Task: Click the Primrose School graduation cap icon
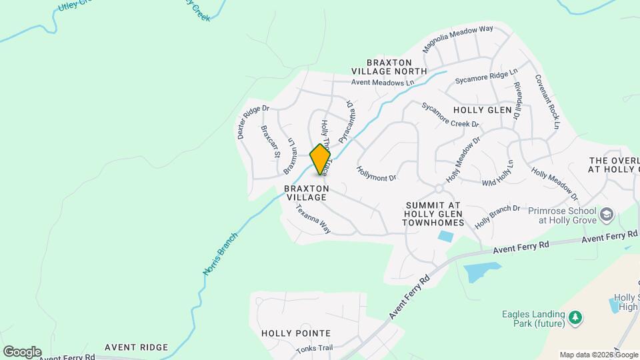pos(606,215)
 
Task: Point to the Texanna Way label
pos(313,218)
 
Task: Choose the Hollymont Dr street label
pos(377,174)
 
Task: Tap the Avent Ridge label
pos(136,347)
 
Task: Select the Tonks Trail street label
pos(314,348)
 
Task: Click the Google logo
pos(22,351)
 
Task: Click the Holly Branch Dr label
pos(497,217)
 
